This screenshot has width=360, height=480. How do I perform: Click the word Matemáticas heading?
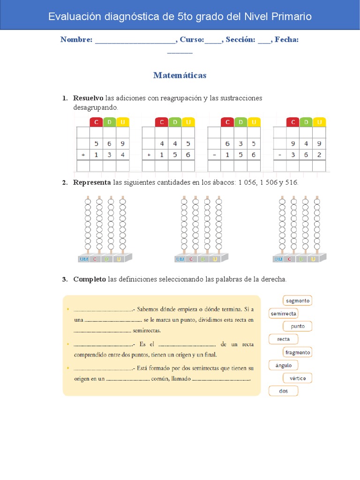pyautogui.click(x=180, y=75)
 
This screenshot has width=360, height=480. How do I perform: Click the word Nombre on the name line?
pyautogui.click(x=76, y=40)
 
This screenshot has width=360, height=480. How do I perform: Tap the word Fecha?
pyautogui.click(x=286, y=40)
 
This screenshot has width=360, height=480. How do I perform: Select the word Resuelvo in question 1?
pyautogui.click(x=88, y=98)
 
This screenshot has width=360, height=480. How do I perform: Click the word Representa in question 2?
pyautogui.click(x=92, y=182)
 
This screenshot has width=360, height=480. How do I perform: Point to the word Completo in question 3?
pyautogui.click(x=89, y=279)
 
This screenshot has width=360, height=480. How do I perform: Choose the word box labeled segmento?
pyautogui.click(x=297, y=300)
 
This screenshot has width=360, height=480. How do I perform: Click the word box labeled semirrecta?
pyautogui.click(x=284, y=314)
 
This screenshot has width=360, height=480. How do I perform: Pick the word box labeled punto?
pyautogui.click(x=297, y=326)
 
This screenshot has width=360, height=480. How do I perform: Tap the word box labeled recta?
pyautogui.click(x=284, y=339)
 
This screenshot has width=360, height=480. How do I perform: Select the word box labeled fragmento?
pyautogui.click(x=297, y=352)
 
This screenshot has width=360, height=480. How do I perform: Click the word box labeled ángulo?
pyautogui.click(x=284, y=365)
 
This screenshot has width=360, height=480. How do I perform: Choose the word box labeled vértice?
pyautogui.click(x=297, y=378)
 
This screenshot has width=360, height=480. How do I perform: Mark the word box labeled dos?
pyautogui.click(x=284, y=391)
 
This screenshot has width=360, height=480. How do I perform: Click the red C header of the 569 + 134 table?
pyautogui.click(x=96, y=122)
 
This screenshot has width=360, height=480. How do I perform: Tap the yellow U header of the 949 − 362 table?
pyautogui.click(x=319, y=122)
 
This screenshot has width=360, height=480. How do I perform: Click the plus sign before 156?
pyautogui.click(x=149, y=155)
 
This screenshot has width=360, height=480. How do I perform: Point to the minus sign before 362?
pyautogui.click(x=280, y=155)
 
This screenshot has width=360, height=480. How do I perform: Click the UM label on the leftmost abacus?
pyautogui.click(x=84, y=259)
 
